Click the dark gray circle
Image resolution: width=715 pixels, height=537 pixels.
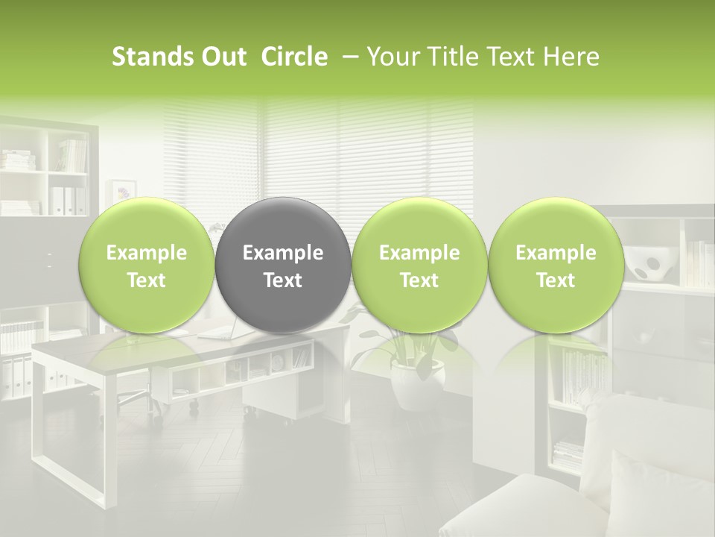282,265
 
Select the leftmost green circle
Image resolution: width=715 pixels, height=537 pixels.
146,265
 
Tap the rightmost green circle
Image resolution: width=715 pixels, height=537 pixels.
556,265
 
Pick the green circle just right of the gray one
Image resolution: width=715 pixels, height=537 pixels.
419,265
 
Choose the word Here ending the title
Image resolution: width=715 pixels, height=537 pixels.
572,57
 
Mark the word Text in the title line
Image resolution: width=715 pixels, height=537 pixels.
509,57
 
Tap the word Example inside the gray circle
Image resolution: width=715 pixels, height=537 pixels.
283,253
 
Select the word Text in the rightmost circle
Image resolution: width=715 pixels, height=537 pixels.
556,280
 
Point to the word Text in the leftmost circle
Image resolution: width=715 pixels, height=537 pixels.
146,280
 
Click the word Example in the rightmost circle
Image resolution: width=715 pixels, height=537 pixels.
556,253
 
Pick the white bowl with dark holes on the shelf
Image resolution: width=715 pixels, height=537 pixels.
646,263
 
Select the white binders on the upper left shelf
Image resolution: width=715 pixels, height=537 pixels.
66,201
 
